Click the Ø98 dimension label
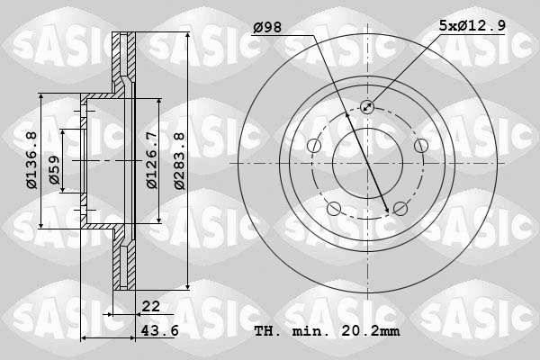(x=267, y=28)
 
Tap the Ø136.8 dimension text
(x=30, y=160)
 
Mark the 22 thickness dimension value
(x=150, y=307)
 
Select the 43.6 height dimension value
(x=160, y=331)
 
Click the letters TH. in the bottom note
(x=268, y=331)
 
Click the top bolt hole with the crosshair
(x=367, y=107)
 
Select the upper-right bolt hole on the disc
(x=420, y=146)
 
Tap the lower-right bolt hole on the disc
(x=400, y=209)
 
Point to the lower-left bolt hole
(x=334, y=209)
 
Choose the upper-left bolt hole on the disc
(x=314, y=146)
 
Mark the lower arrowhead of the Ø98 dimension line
(x=388, y=211)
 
